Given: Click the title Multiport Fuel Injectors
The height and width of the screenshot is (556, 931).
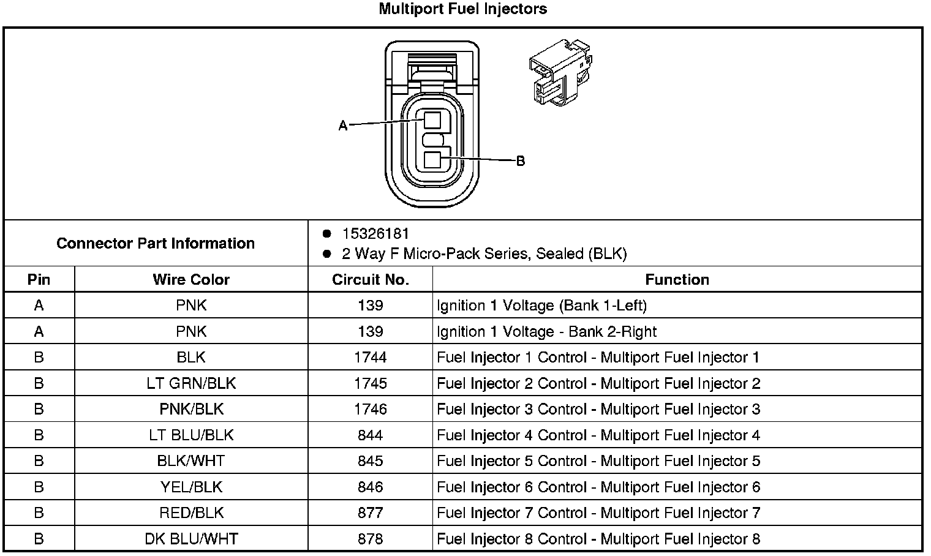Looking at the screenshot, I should coord(462,9).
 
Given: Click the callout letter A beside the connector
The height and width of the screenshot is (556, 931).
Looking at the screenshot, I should coord(343,126).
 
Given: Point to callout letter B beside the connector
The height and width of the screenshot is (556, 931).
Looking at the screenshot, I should coord(520,161).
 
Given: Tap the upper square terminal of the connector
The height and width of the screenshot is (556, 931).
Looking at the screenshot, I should coord(432,119).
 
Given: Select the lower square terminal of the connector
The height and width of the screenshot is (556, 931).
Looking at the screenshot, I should coord(432,160).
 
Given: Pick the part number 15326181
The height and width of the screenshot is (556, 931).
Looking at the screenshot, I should coord(375,234).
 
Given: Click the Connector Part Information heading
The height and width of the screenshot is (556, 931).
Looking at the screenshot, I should coord(156,243).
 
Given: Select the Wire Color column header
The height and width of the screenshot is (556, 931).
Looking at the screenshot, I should coord(191,280).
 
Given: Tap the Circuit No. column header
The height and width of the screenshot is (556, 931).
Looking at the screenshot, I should coord(370,280).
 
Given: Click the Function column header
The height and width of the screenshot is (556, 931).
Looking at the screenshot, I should coord(677,280).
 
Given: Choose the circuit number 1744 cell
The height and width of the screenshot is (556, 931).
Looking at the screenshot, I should coord(370,357).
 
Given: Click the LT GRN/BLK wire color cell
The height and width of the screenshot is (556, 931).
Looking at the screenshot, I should coord(191,383).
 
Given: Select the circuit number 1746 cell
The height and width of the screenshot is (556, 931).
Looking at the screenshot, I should coord(370,409).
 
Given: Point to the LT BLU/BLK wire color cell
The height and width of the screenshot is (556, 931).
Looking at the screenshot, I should coord(191,435).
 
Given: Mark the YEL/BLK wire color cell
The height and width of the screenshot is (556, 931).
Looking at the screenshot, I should coord(191,487).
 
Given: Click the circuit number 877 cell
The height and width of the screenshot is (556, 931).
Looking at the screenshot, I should coord(370,513).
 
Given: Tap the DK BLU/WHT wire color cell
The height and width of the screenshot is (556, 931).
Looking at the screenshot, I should coord(191,539).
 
